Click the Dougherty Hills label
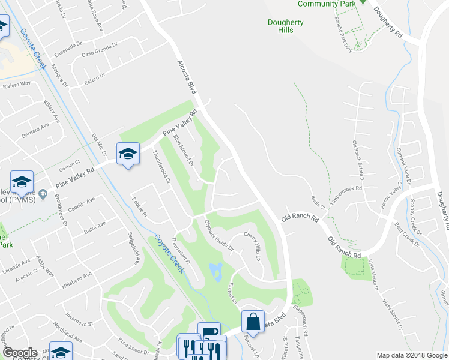[286, 26]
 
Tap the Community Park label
[327, 4]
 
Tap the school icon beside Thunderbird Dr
[128, 154]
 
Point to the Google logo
[20, 353]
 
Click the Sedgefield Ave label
[133, 248]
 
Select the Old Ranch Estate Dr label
[359, 160]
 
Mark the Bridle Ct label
[319, 204]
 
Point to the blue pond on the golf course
[216, 271]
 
